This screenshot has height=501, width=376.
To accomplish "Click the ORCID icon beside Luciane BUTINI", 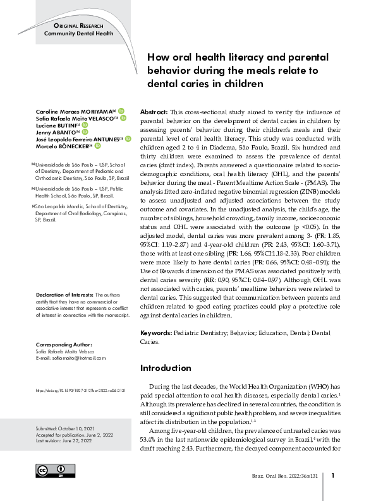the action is pos(85,125).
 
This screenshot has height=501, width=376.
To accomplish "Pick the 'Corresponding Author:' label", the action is pos(64,345).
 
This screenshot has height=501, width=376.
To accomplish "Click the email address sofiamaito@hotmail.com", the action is pos(70,358).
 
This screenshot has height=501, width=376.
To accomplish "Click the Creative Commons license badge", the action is pos(51,471).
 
